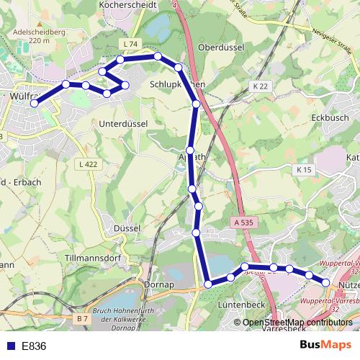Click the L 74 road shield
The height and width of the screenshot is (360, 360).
point(130,44)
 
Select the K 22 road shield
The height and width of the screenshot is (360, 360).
point(260,86)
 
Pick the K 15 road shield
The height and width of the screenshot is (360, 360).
point(303,169)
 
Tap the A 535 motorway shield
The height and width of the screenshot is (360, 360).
point(243,223)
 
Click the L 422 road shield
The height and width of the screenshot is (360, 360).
point(86,164)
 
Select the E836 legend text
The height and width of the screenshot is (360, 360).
point(34,346)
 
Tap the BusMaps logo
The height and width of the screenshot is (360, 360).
point(326,346)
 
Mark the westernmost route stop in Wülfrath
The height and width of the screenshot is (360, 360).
point(34,103)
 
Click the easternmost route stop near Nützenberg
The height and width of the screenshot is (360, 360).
point(325,283)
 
